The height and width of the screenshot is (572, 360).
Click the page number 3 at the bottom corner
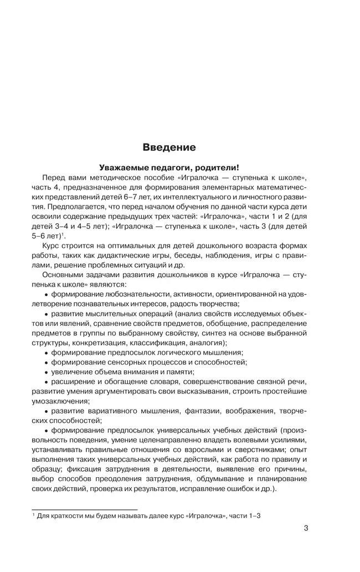306,528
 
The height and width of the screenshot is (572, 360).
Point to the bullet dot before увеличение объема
46,372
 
